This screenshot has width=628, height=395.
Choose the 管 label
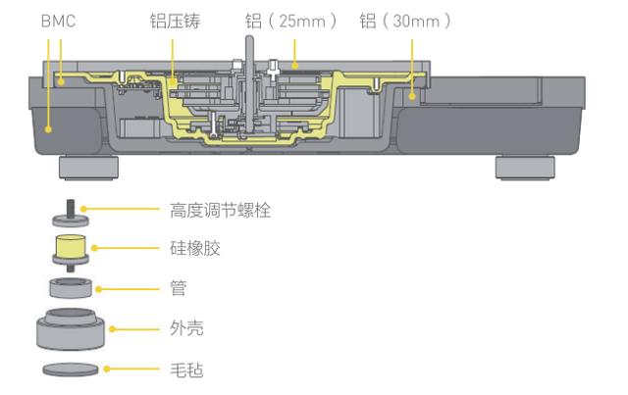pyautogui.click(x=177, y=288)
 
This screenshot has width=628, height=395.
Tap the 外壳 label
pyautogui.click(x=183, y=328)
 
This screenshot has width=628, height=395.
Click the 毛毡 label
pyautogui.click(x=183, y=369)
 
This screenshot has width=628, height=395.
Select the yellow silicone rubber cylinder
pyautogui.click(x=71, y=250)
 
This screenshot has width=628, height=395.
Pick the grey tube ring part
pyautogui.click(x=71, y=288)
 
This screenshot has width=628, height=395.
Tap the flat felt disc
pyautogui.click(x=71, y=370)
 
